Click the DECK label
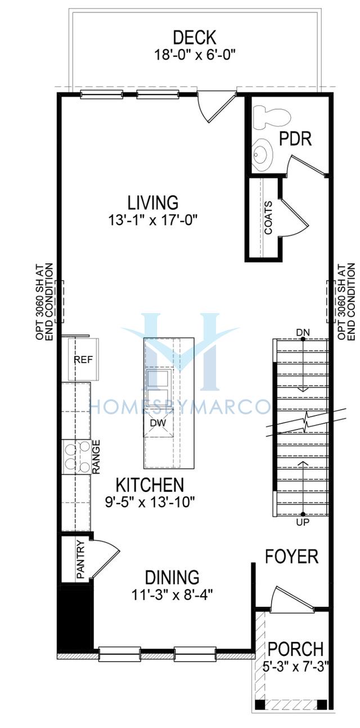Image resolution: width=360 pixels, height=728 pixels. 194,37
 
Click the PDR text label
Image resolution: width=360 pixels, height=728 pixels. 296,138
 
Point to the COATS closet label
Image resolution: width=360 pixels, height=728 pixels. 268,218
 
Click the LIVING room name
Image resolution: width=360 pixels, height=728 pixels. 153,202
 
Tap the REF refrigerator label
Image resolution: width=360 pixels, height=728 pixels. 83,360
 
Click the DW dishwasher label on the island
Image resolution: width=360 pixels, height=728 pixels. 158,423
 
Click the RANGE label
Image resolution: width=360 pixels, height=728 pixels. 96,456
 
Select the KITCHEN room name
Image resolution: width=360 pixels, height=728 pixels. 150,485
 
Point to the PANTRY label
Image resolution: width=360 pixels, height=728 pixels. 80,559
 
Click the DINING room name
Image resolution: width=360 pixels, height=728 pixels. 172,577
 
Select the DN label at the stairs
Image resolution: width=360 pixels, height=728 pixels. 303,332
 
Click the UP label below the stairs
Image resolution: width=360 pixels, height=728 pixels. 303,522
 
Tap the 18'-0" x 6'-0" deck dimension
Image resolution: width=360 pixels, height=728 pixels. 194,55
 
